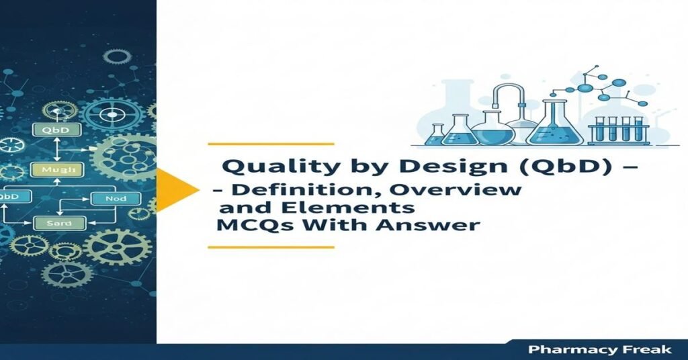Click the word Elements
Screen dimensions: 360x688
point(367,207)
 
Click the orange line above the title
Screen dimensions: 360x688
point(271,144)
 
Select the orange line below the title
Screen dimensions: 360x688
point(271,247)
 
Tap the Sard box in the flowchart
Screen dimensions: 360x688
point(52,222)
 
